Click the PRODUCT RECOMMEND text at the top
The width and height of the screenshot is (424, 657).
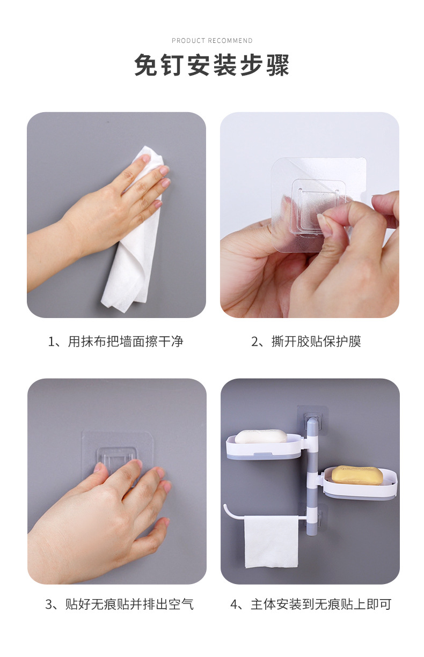[212, 40]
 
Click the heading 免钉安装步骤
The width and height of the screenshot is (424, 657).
[212, 65]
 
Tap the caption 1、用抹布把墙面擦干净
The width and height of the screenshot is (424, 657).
[115, 342]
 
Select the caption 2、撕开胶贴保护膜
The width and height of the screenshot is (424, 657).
[306, 342]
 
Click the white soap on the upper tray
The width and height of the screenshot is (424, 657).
[261, 437]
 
